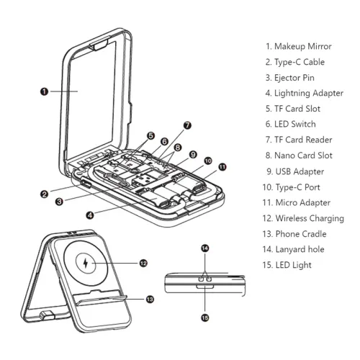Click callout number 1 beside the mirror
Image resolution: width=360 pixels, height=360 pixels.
click(44, 91)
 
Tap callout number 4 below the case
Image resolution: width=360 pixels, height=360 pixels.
click(90, 215)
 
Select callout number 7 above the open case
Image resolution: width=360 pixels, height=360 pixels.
click(187, 125)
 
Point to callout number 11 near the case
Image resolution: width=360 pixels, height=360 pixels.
click(222, 167)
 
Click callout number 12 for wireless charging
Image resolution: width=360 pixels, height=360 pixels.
click(143, 264)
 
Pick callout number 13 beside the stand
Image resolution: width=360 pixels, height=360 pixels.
click(150, 299)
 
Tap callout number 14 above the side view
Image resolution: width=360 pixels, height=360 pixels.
click(205, 248)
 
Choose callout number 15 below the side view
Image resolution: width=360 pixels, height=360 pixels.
click(205, 318)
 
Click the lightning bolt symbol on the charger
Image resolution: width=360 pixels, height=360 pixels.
click(86, 264)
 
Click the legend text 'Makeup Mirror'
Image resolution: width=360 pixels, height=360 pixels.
click(302, 46)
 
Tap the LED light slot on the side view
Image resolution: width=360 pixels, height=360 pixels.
click(205, 287)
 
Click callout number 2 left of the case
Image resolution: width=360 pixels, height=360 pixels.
click(45, 194)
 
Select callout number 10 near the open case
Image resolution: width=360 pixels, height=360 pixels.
click(208, 161)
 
